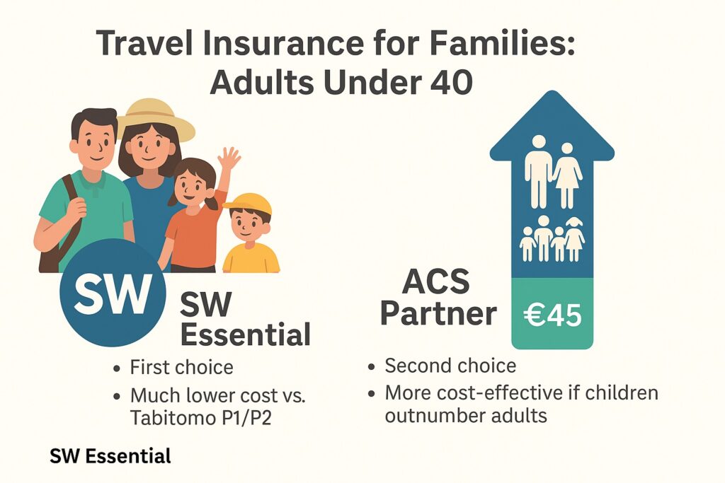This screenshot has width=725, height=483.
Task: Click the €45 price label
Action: [552, 315]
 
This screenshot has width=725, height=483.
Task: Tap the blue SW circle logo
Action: [113, 291]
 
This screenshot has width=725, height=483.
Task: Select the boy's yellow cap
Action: [249, 204]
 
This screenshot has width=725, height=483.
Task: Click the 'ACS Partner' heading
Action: [438, 298]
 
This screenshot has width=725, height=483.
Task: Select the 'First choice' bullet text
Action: [181, 368]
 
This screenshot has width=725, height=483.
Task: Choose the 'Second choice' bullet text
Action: [450, 366]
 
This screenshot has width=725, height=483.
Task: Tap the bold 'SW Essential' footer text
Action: [110, 456]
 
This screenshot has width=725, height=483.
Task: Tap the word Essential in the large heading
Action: [245, 334]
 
